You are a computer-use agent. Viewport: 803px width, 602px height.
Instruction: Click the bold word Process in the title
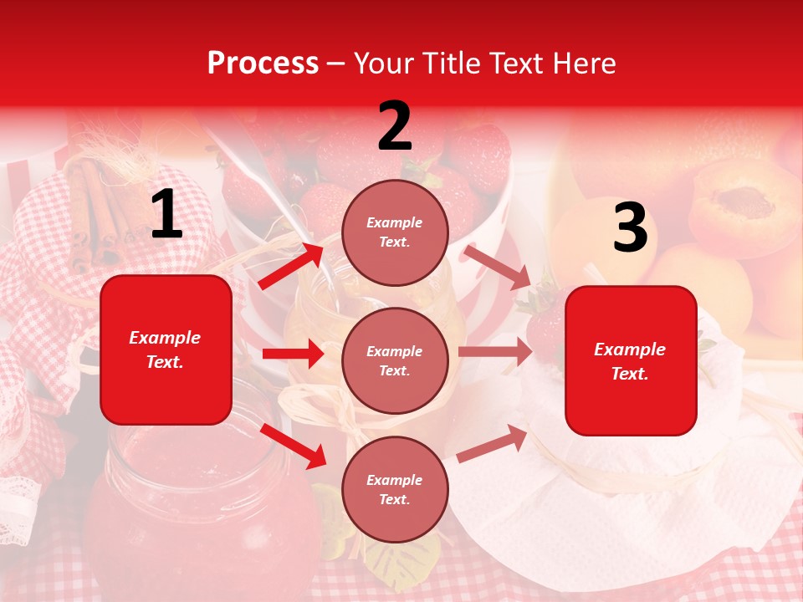[x=263, y=64]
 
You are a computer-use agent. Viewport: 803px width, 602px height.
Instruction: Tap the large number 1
[x=166, y=216]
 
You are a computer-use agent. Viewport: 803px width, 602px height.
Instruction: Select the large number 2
[x=395, y=126]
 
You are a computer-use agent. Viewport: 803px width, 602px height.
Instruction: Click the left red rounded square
[x=166, y=349]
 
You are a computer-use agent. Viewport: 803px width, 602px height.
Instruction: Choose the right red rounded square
[x=631, y=361]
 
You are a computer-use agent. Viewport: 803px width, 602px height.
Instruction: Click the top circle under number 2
[x=395, y=232]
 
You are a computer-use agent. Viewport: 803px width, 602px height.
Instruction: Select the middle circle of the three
[x=395, y=360]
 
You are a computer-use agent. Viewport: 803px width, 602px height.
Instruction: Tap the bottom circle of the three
[x=395, y=489]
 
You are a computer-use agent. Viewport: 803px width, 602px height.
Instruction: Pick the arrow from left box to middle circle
[x=293, y=354]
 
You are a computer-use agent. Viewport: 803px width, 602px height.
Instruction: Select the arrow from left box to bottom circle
[x=294, y=446]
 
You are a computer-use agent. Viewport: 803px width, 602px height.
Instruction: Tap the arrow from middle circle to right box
[x=495, y=352]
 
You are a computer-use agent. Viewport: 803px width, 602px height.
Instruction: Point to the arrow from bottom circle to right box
[x=493, y=443]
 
